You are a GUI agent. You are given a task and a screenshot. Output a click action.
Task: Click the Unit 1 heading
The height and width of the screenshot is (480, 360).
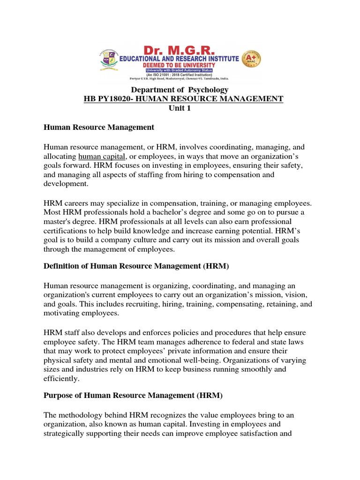click(180, 108)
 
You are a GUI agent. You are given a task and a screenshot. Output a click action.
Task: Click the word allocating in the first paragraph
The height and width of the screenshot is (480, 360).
click(60, 156)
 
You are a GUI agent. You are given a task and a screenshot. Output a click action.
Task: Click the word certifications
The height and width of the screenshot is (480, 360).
click(65, 230)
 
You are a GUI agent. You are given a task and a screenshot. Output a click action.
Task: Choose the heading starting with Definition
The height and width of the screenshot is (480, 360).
click(136, 267)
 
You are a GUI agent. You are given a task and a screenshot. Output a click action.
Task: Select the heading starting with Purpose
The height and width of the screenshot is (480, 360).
click(133, 396)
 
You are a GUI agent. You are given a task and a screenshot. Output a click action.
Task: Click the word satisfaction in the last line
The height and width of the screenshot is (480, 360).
click(269, 434)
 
